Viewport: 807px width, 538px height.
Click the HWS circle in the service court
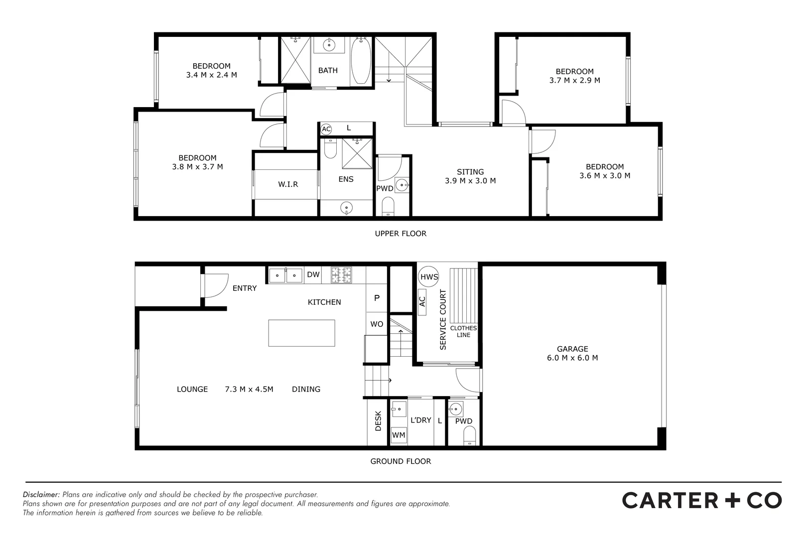(x=429, y=277)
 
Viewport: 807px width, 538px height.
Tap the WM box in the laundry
(x=399, y=435)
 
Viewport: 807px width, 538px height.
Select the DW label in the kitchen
(x=313, y=274)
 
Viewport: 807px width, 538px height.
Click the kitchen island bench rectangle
(x=301, y=333)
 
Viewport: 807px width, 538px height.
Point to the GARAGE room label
(x=572, y=349)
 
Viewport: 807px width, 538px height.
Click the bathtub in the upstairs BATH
(x=361, y=62)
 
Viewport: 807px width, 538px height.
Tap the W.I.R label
(x=288, y=184)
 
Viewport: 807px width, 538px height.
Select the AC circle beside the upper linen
(x=326, y=130)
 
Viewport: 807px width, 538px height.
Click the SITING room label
(x=470, y=172)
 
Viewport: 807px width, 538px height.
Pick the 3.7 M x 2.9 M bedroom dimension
(x=574, y=80)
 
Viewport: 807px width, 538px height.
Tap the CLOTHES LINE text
(x=463, y=331)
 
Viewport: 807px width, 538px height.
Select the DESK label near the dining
(x=378, y=421)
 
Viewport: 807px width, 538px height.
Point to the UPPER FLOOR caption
(x=401, y=234)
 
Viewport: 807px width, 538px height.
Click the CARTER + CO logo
(x=701, y=500)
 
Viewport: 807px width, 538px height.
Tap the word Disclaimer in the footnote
(x=41, y=495)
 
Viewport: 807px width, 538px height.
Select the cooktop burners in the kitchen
(x=341, y=275)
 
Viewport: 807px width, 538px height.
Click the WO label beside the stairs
(x=377, y=324)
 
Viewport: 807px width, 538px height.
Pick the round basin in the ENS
(x=346, y=208)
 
